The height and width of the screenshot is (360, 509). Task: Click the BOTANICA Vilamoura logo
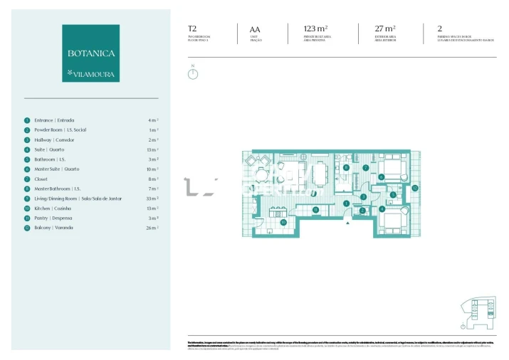pos(90,53)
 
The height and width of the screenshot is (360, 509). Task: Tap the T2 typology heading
pos(192,29)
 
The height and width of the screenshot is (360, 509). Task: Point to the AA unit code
pos(255,29)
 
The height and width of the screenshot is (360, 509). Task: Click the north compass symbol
pos(193,73)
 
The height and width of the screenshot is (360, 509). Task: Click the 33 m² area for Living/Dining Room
pos(152,198)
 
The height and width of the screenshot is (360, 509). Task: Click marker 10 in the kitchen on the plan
pos(283,222)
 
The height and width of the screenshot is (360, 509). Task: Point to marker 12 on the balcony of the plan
pos(414,188)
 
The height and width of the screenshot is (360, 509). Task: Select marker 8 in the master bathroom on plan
pos(345,168)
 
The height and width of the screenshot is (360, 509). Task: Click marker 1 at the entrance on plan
pos(346,203)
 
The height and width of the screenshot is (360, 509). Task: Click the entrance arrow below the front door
pos(347,223)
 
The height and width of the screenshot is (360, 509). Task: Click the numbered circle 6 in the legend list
pos(27,169)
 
